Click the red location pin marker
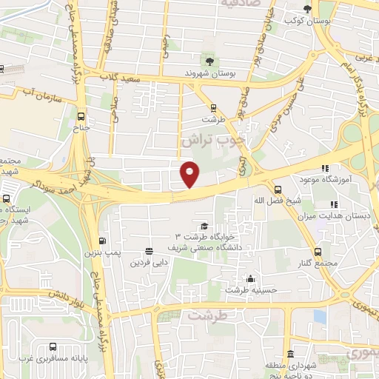(189, 174)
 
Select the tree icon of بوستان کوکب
(307, 9)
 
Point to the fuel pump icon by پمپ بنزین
(101, 241)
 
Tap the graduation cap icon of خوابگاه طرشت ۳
(204, 226)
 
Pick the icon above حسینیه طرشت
(251, 279)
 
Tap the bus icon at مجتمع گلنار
(318, 252)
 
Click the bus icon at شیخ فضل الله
(278, 189)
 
